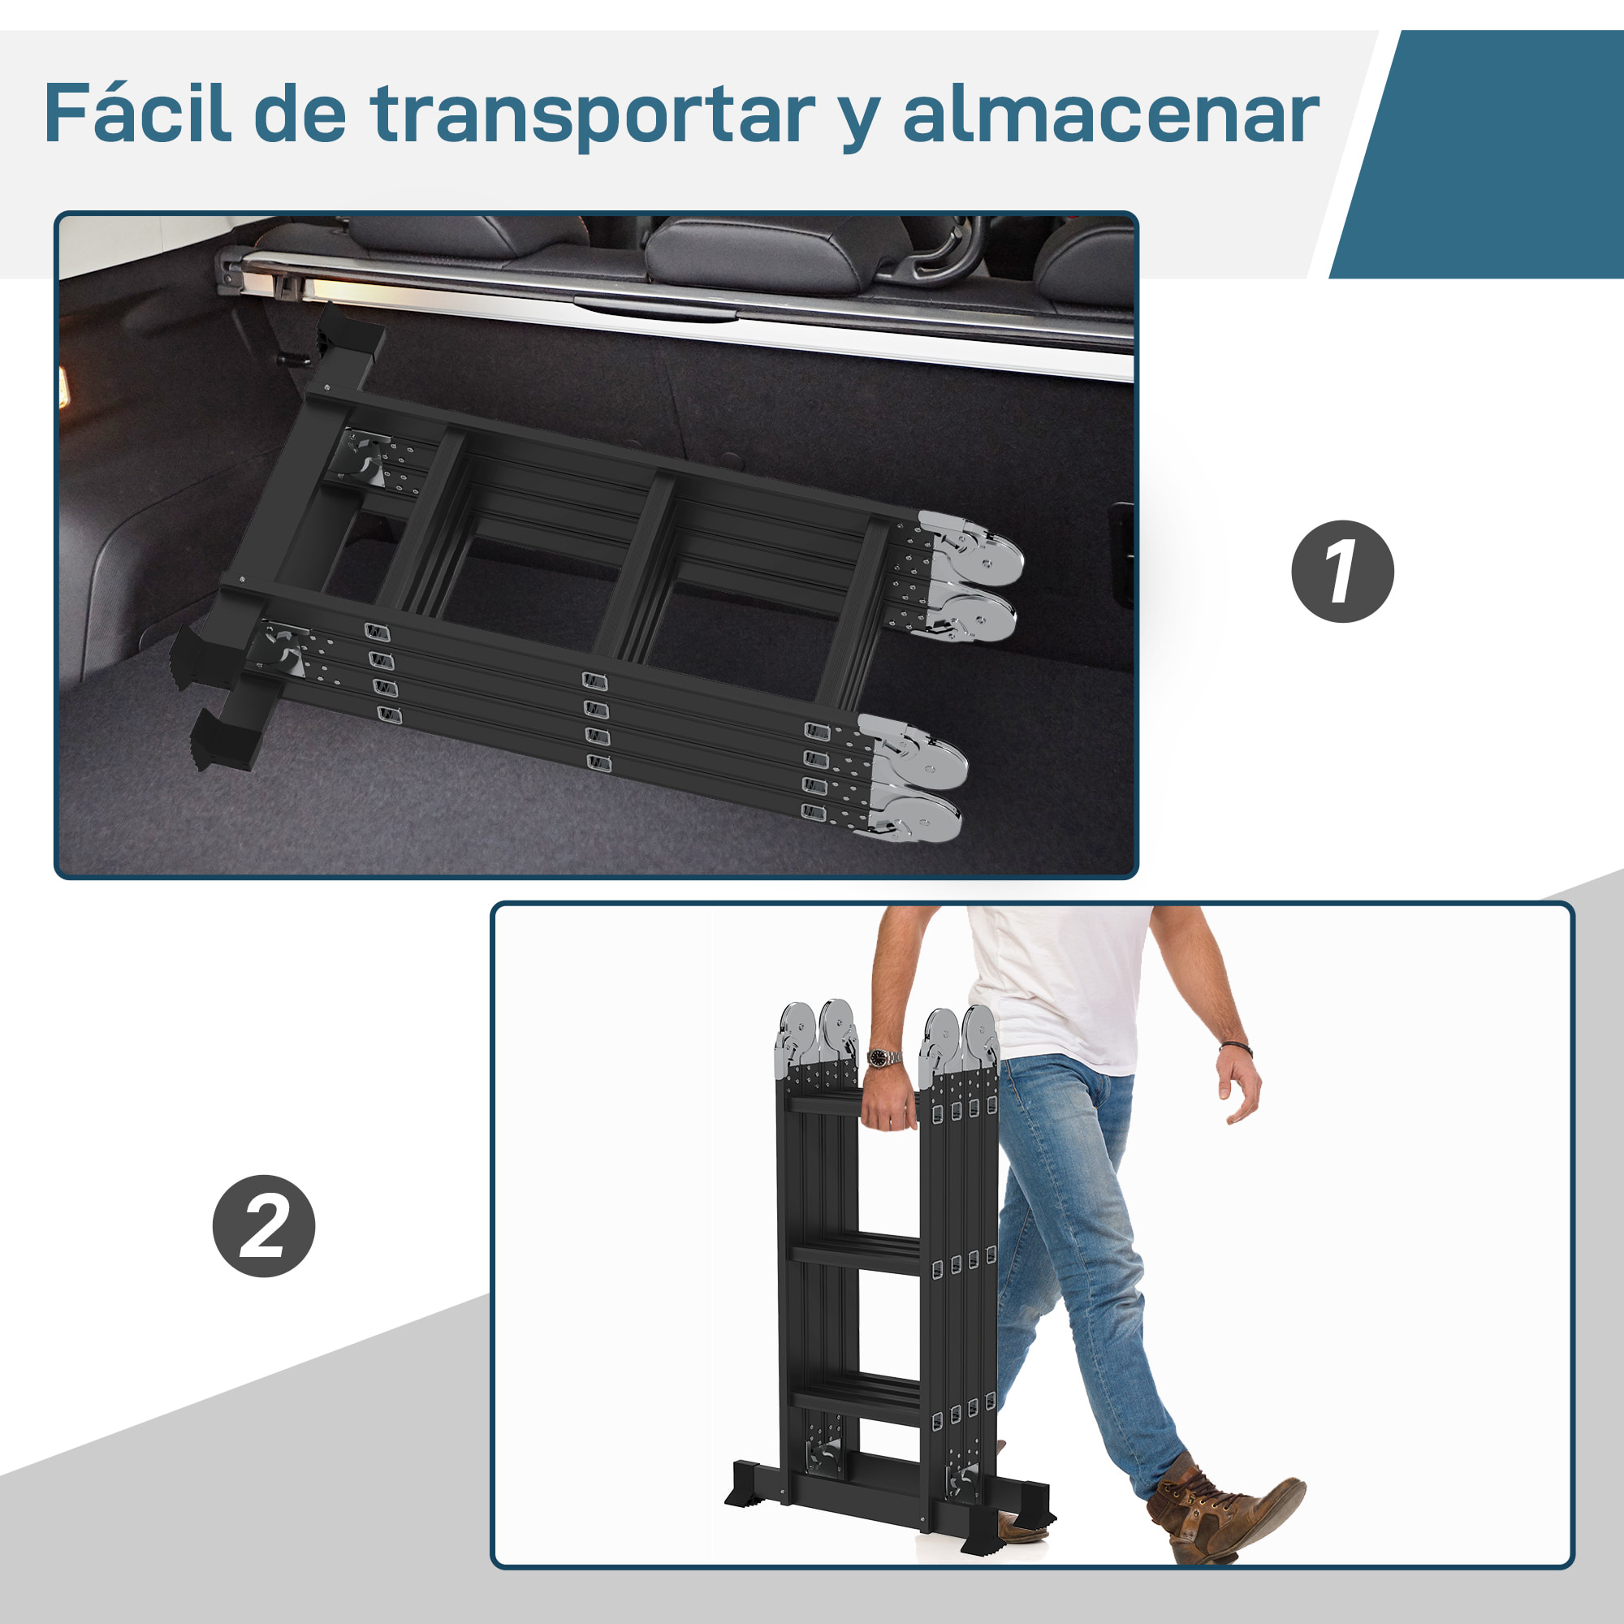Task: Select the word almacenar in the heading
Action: [x=1109, y=114]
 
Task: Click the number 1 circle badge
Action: [x=1341, y=572]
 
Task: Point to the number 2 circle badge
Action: [x=264, y=1226]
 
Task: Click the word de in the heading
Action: [x=300, y=114]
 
